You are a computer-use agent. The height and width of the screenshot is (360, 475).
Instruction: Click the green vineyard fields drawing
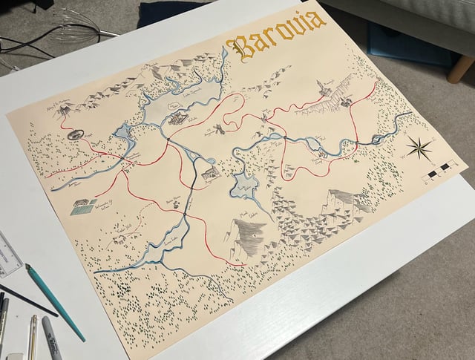[82, 206]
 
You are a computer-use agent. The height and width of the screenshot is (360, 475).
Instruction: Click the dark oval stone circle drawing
[75, 135]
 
